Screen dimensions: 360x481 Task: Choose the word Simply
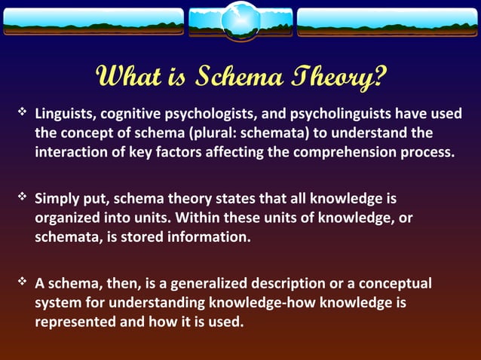57,200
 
